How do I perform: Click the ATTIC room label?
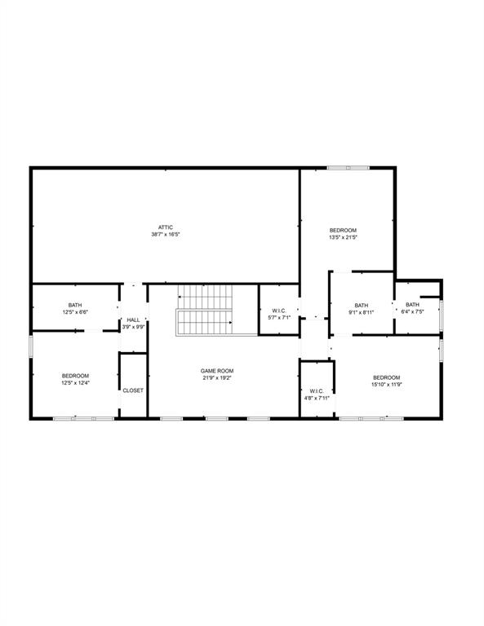(x=165, y=227)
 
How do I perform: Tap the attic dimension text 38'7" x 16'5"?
(x=165, y=235)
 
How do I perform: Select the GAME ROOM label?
(x=217, y=371)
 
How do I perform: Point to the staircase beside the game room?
(x=205, y=310)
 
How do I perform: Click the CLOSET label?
(x=133, y=390)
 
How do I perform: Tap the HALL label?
(x=133, y=320)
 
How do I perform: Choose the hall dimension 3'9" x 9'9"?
(x=133, y=327)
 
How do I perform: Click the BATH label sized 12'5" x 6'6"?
(x=75, y=306)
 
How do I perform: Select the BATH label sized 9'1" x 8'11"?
(x=361, y=305)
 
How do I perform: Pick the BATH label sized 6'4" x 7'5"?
(x=412, y=305)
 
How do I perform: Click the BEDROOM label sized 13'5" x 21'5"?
(x=343, y=230)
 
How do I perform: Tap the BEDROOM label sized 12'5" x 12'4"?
(x=75, y=376)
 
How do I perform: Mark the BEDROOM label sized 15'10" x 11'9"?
(x=386, y=377)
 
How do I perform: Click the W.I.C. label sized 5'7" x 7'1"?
(x=278, y=311)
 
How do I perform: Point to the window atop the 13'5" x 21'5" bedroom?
(x=349, y=169)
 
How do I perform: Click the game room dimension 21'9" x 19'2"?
(x=217, y=378)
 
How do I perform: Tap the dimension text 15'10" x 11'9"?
(x=386, y=385)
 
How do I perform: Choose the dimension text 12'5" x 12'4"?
(x=75, y=383)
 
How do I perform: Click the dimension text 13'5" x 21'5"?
(x=343, y=237)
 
